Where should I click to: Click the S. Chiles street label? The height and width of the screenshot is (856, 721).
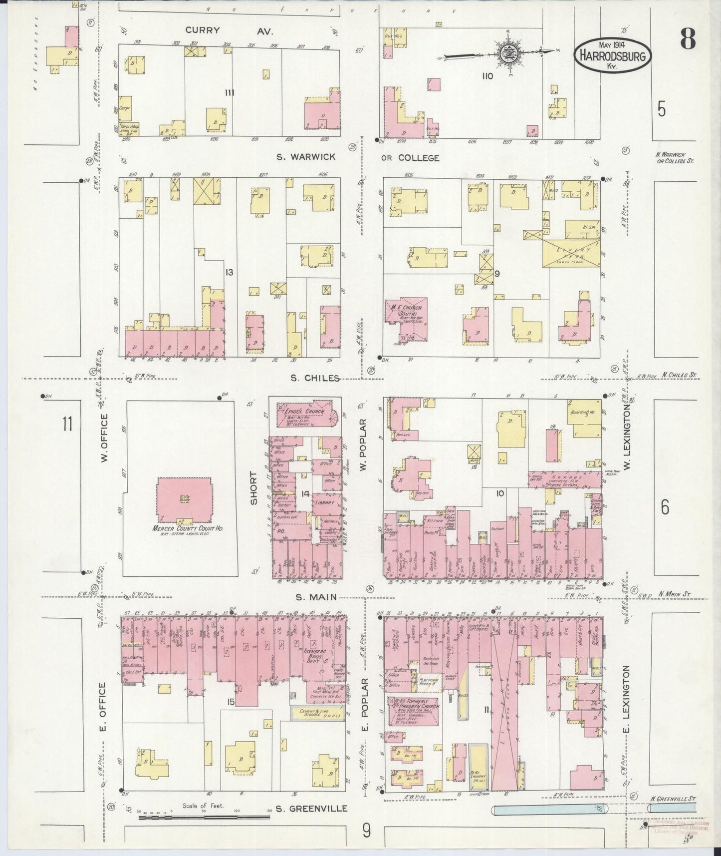(x=314, y=378)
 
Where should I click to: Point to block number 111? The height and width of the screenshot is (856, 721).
(x=230, y=92)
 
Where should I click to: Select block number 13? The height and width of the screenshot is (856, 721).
(x=229, y=272)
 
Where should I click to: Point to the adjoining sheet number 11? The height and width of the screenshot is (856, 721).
(x=66, y=424)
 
